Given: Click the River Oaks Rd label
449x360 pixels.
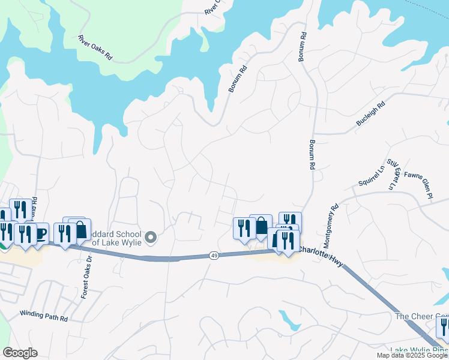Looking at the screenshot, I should coord(95,47).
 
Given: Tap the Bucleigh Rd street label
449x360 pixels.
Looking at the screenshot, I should coord(370,113).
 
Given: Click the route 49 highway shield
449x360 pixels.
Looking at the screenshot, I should coord(214,256).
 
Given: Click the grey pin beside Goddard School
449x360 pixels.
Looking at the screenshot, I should coord(151,238).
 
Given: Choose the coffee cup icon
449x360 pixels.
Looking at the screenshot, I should coord(40,233).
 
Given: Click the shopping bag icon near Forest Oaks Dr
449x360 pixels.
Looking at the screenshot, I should coord(80,230).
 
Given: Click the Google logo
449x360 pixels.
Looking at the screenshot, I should coord(20,353).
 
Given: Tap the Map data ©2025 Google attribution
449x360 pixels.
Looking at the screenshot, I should coord(412,355).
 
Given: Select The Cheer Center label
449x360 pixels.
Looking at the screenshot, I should coord(421,316).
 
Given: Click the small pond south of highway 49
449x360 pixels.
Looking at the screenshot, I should coord(290,321).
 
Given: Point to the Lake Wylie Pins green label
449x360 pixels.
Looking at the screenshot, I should coord(419,350).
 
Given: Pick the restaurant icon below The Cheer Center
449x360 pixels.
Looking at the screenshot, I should coord(443,328).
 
